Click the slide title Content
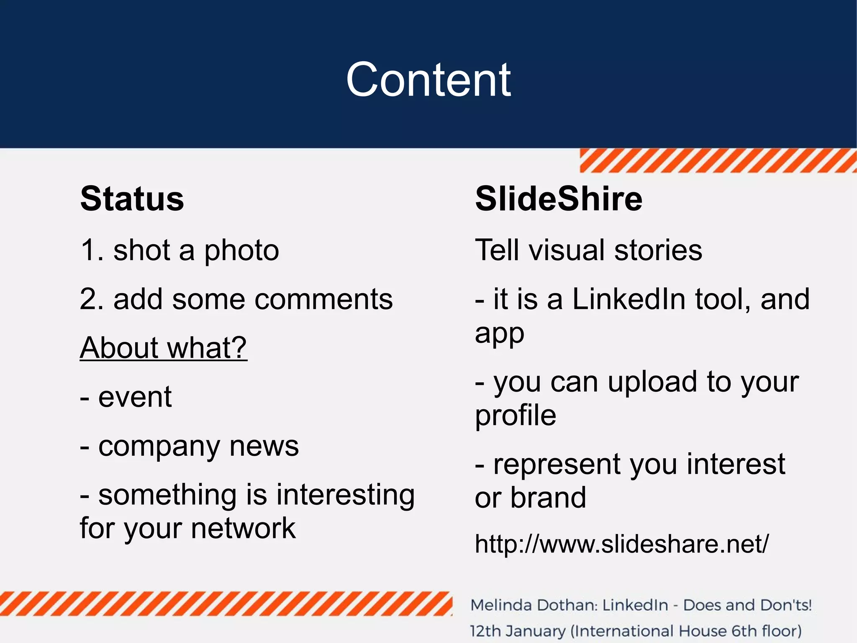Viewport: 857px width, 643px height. click(428, 79)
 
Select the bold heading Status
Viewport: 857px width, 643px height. click(132, 199)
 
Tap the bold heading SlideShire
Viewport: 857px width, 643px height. click(558, 199)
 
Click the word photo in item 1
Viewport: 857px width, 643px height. click(241, 250)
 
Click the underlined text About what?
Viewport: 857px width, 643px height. click(163, 348)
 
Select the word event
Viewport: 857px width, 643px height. click(135, 397)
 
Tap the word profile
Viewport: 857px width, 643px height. click(516, 416)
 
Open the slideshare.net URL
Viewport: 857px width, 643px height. click(621, 544)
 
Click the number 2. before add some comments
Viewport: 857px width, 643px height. click(90, 300)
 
